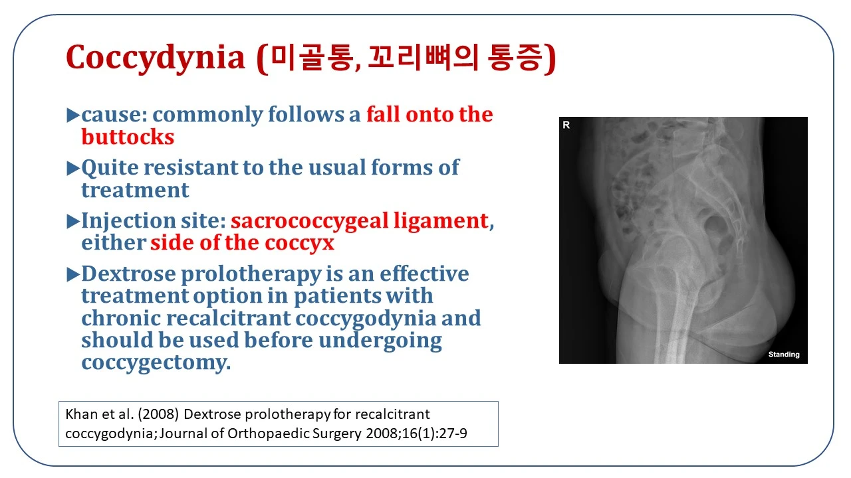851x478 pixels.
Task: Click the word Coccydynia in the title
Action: tap(156, 58)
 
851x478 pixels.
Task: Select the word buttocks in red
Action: tap(128, 137)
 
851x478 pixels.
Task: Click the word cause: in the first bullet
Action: tap(114, 115)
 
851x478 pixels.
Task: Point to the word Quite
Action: tap(110, 169)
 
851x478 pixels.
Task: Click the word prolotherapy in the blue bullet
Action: tap(251, 275)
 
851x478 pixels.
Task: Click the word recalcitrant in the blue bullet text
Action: tap(228, 317)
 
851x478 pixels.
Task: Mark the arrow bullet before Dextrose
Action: tap(73, 274)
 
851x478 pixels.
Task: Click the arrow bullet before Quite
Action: tap(73, 168)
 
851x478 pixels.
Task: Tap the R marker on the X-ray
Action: tap(566, 125)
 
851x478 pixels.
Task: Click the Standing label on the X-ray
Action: tap(784, 355)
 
